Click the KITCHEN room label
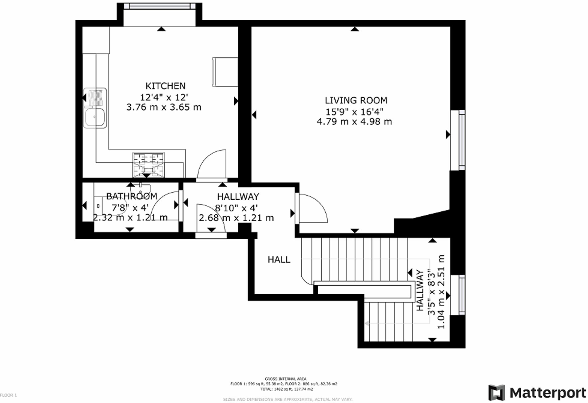pos(165,86)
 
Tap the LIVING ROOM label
pos(356,100)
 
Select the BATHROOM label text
pos(132,196)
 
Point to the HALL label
pos(279,260)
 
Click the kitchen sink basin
pos(95,117)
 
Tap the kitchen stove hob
pos(149,165)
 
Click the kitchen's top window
pos(160,6)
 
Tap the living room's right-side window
pos(462,140)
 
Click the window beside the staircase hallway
pos(462,295)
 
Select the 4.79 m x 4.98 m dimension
pos(354,122)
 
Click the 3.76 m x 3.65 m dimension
pos(164,107)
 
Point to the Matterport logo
pos(537,393)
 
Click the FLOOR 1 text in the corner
pos(9,395)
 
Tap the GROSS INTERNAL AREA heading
pos(286,379)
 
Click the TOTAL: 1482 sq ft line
pos(287,389)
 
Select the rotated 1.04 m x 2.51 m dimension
pos(441,292)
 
